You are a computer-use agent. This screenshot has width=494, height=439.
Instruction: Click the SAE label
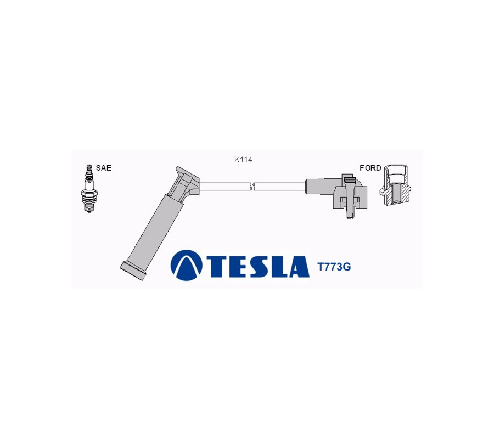(104, 168)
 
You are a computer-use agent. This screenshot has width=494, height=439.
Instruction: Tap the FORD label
(370, 168)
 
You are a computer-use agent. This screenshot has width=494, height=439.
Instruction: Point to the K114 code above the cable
(243, 160)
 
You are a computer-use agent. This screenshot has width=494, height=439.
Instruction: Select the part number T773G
(334, 267)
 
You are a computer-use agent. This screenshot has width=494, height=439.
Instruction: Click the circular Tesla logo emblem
(186, 265)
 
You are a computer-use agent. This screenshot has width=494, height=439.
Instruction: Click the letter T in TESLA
(217, 267)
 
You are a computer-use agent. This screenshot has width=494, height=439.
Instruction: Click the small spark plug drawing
(89, 188)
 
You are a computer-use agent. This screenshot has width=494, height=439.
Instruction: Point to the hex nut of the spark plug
(89, 193)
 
